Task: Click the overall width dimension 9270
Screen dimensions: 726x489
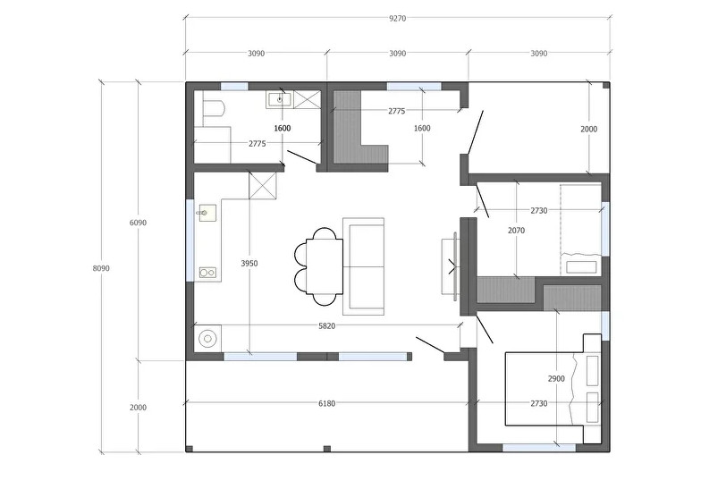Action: coord(397,19)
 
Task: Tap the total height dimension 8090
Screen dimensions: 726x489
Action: coord(101,268)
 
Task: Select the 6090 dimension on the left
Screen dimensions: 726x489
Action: coord(138,223)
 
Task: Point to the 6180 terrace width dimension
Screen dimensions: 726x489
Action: coord(326,404)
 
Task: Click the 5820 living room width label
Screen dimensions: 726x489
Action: coord(326,326)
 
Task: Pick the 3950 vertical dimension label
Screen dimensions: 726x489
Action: coord(249,264)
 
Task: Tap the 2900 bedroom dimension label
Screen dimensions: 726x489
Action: coord(556,379)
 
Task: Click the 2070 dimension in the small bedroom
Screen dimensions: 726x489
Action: coord(516,230)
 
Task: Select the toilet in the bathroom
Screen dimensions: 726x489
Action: coord(214,110)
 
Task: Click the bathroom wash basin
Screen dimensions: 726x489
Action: coord(279,99)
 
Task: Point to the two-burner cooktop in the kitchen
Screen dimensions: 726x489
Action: coord(207,273)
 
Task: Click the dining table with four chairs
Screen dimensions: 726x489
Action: coord(319,266)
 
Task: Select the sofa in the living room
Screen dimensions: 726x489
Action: coord(364,266)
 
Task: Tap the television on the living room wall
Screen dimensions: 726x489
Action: coord(451,266)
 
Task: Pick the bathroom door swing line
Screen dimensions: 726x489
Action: coord(301,157)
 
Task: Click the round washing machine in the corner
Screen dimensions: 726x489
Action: coord(207,339)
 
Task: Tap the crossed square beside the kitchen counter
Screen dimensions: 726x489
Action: coord(263,185)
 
